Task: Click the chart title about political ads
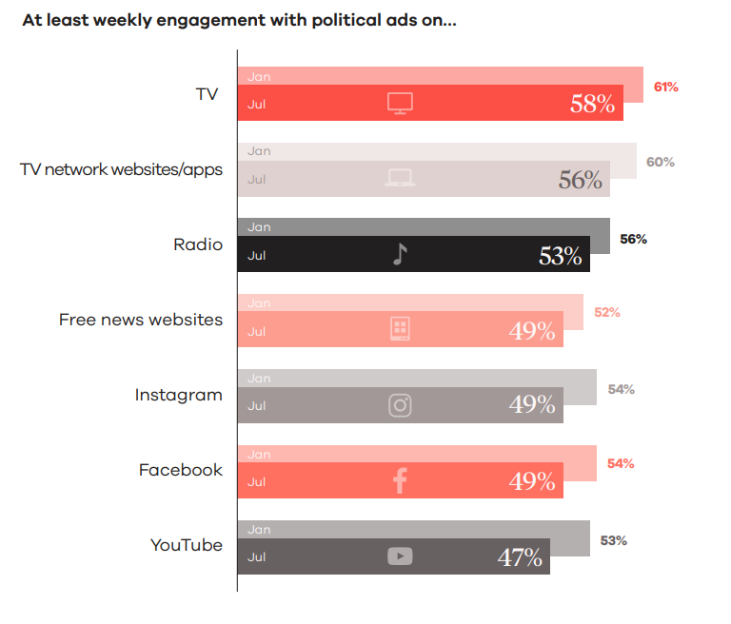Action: pyautogui.click(x=238, y=21)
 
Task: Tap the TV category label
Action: pyautogui.click(x=207, y=94)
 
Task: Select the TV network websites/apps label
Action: pyautogui.click(x=121, y=169)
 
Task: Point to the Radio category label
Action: pyautogui.click(x=198, y=244)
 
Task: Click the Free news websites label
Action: pyautogui.click(x=141, y=320)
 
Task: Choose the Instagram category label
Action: pyautogui.click(x=179, y=395)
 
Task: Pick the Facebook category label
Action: pyautogui.click(x=181, y=470)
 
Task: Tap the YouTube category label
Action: pyautogui.click(x=187, y=545)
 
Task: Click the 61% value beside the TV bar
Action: pyautogui.click(x=666, y=87)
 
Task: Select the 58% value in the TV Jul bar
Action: pyautogui.click(x=592, y=104)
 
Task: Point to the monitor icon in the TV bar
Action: pyautogui.click(x=400, y=104)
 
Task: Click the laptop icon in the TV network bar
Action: pyautogui.click(x=400, y=178)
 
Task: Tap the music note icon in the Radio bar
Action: pyautogui.click(x=400, y=254)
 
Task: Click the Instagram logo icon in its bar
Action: pyautogui.click(x=400, y=405)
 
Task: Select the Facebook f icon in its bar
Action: pyautogui.click(x=400, y=480)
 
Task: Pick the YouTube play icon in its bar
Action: pyautogui.click(x=400, y=556)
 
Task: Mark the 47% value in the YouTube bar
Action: pyautogui.click(x=520, y=556)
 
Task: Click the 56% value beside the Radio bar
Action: pyautogui.click(x=633, y=239)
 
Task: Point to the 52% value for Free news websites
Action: pyautogui.click(x=606, y=312)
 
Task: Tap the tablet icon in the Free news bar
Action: pyautogui.click(x=400, y=329)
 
